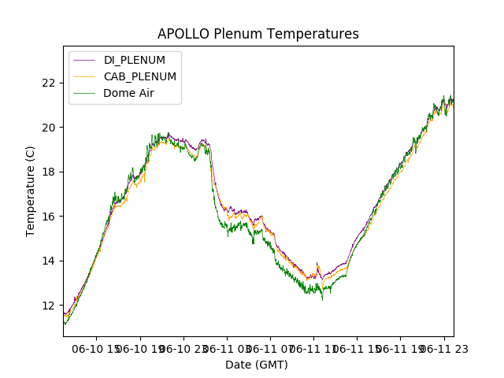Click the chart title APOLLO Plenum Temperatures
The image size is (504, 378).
point(258,34)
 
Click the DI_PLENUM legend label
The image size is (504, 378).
point(135,60)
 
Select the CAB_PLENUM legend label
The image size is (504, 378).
point(140,76)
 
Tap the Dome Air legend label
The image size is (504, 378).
point(129,93)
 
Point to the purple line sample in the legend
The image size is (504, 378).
point(85,60)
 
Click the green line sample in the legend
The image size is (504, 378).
point(85,93)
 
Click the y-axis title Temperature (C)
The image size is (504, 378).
point(31,191)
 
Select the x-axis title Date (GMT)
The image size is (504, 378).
point(257,365)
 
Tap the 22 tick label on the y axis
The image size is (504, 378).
point(49,83)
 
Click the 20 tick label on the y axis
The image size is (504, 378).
point(49,127)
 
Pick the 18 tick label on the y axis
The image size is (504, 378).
point(49,172)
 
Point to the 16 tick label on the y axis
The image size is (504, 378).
point(49,217)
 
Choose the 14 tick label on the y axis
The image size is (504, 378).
point(49,261)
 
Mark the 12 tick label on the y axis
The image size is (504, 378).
point(49,306)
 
